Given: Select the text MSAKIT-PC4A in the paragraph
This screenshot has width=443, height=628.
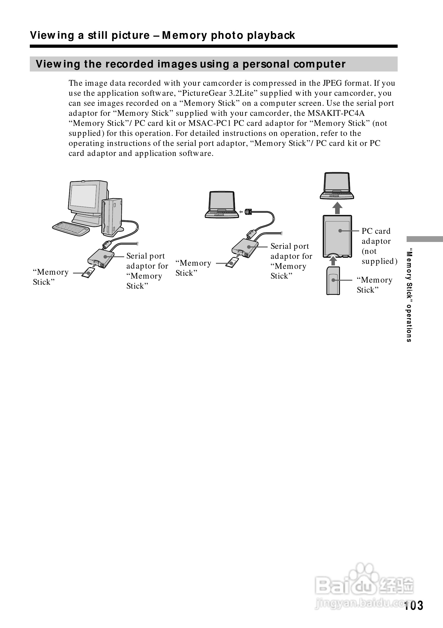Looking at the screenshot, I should [336, 113].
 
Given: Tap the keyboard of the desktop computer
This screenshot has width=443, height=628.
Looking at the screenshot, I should [70, 228].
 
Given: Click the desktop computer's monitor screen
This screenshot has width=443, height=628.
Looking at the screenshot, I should [83, 196].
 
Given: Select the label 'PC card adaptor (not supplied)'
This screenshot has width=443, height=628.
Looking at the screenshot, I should [379, 246].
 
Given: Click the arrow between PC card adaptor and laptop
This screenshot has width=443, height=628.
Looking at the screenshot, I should [337, 208].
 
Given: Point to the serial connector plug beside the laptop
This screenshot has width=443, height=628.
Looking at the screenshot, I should [248, 211].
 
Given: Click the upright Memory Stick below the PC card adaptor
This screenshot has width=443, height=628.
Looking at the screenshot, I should [333, 281].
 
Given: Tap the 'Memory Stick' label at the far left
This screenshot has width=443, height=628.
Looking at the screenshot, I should [51, 277].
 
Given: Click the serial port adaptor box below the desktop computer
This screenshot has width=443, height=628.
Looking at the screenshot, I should [100, 258].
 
